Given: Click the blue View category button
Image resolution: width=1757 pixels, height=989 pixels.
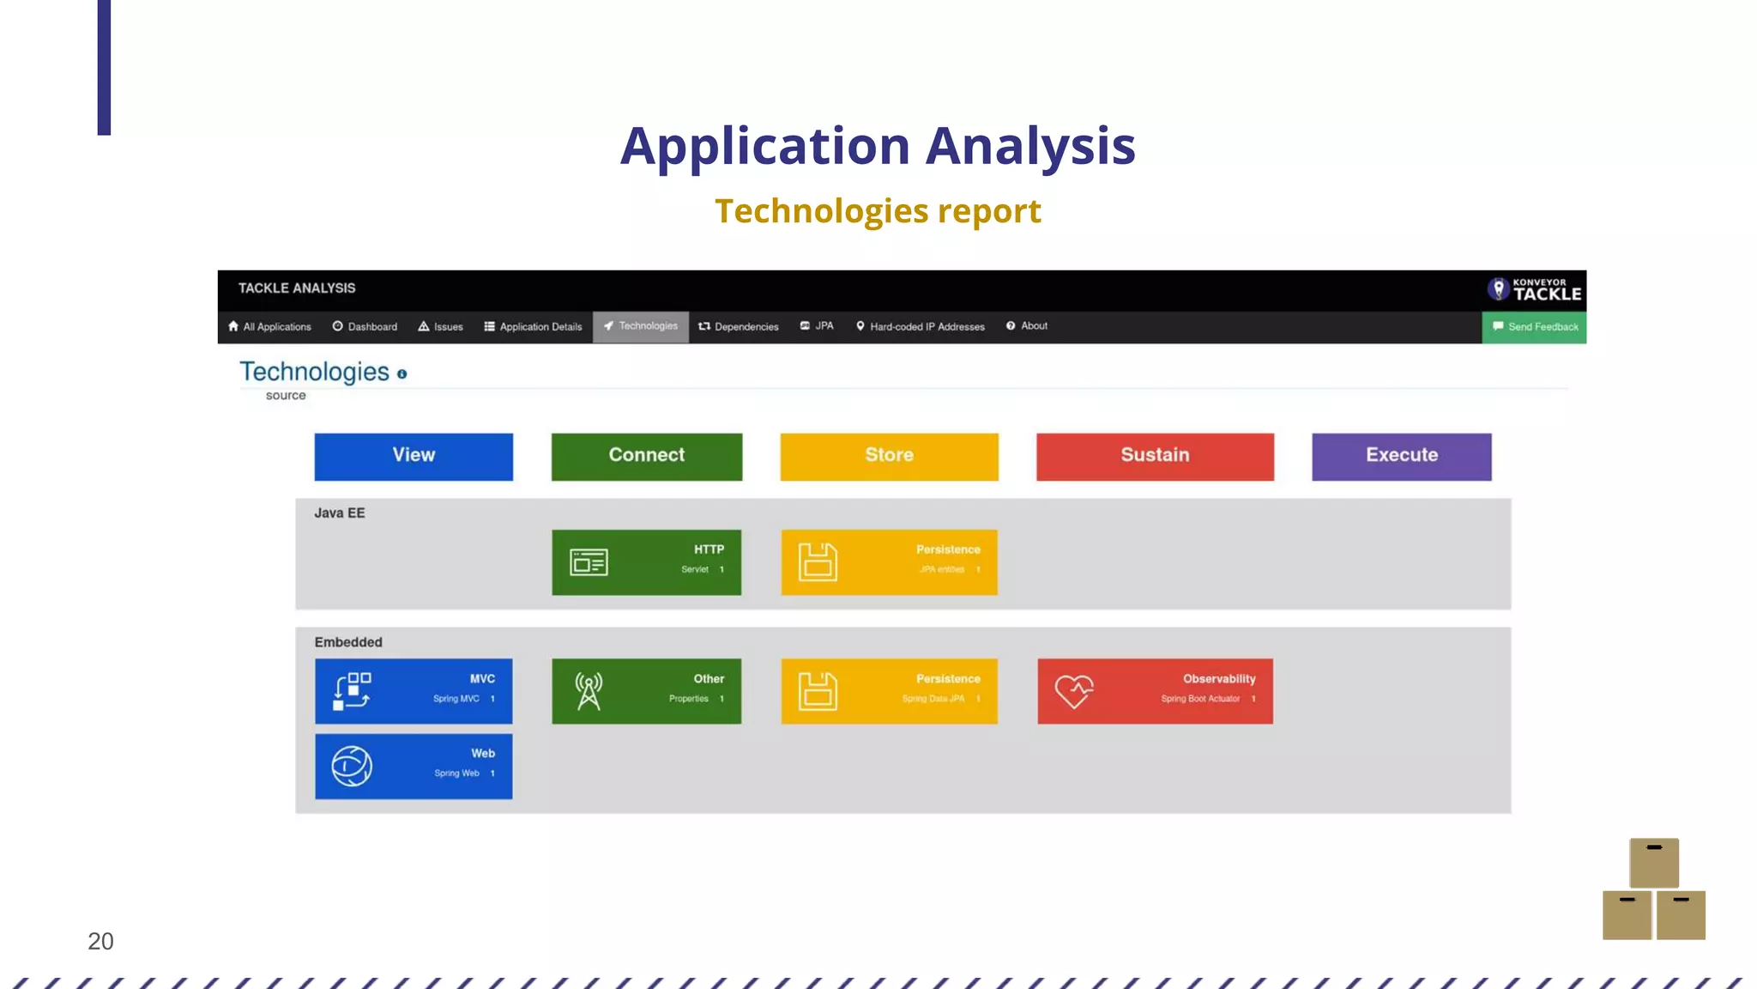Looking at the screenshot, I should (x=414, y=456).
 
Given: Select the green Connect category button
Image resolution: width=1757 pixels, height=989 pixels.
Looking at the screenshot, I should (x=646, y=456).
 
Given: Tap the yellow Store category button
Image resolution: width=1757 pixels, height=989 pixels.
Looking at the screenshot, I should (x=889, y=456).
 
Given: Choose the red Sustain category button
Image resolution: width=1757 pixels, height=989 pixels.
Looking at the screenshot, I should (x=1155, y=456).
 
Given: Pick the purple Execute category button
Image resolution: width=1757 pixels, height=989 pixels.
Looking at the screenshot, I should (x=1401, y=456).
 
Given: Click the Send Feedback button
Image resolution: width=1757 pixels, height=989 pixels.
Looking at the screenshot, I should (x=1534, y=327).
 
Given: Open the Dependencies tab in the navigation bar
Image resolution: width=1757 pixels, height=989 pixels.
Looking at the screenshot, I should (x=739, y=327).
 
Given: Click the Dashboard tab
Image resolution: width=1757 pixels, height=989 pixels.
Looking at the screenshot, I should (x=365, y=327).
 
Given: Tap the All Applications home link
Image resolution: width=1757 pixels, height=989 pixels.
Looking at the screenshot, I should (x=269, y=327).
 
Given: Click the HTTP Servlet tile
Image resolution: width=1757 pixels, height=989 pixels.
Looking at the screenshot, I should (x=646, y=562).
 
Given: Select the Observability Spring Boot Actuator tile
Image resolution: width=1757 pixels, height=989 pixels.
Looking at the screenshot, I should (x=1155, y=691).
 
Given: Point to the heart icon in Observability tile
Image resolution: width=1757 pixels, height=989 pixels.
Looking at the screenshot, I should (x=1073, y=691).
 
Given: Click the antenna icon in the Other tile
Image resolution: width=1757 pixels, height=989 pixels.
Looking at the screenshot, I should (x=589, y=691).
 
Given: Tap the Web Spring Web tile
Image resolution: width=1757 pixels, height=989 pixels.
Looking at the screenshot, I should (x=414, y=766).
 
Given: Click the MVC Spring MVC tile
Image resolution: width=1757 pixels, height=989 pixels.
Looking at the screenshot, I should (x=414, y=691).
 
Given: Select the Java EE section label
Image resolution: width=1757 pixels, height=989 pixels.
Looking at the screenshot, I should (x=340, y=513).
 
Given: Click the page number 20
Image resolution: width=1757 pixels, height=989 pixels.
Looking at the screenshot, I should (x=100, y=942).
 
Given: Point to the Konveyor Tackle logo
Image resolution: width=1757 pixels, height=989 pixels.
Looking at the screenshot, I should (x=1534, y=290).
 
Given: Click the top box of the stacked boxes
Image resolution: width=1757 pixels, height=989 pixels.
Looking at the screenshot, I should (x=1653, y=863).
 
